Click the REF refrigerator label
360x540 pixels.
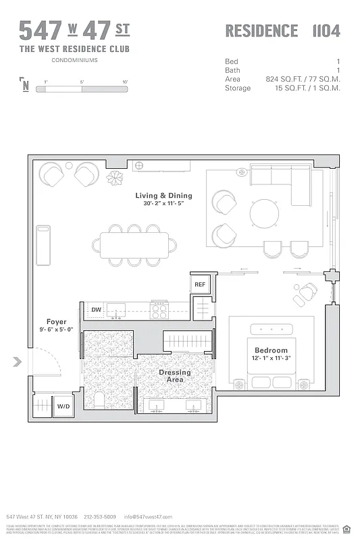(200, 285)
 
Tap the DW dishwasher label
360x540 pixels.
(97, 310)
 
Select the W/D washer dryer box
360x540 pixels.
(63, 406)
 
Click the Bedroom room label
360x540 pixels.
(271, 351)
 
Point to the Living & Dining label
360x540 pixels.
(163, 196)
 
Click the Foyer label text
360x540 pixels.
(56, 322)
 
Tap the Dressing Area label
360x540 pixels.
(175, 376)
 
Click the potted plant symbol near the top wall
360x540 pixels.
(115, 178)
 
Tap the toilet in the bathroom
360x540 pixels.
(99, 400)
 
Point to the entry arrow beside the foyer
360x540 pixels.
(17, 362)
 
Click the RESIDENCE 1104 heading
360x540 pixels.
(282, 31)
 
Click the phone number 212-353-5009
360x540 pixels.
(100, 516)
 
